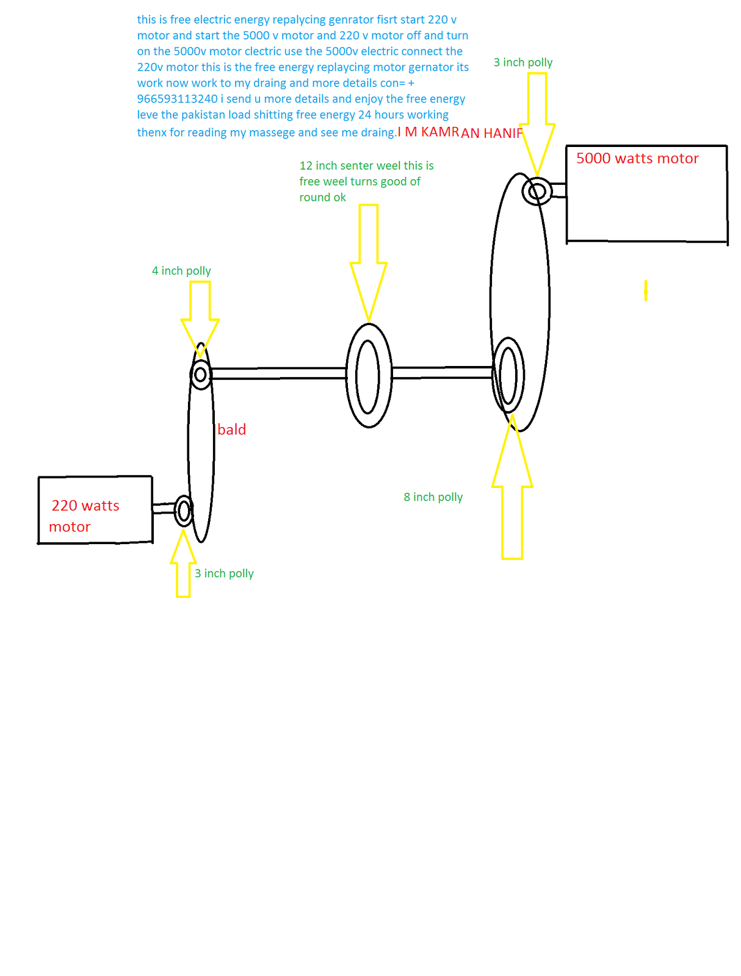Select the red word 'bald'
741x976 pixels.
[x=231, y=429]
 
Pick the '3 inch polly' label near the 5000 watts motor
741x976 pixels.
[x=522, y=62]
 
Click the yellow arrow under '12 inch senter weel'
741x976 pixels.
[x=368, y=262]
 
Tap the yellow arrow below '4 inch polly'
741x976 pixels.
[x=200, y=318]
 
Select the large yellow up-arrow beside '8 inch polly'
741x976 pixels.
[x=511, y=486]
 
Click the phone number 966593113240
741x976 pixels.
[x=177, y=99]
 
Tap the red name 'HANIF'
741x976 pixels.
[x=502, y=132]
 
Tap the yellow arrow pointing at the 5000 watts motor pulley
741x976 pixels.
[x=537, y=124]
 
